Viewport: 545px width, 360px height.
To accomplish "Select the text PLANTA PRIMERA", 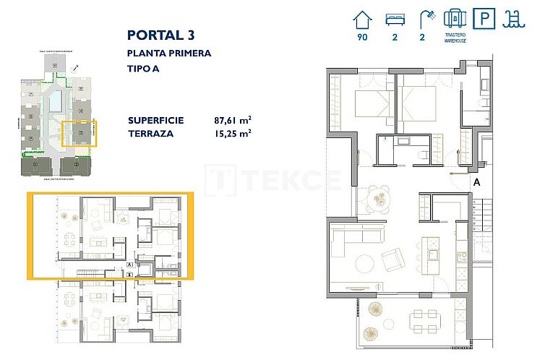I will tap(169, 53).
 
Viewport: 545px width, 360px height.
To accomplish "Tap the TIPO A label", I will tap(145, 69).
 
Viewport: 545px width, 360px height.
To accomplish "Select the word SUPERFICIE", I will tap(155, 120).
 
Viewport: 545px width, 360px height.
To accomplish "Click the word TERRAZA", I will tap(150, 133).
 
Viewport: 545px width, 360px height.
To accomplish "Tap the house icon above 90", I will tap(362, 17).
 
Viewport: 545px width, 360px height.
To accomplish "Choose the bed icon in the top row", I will tap(395, 17).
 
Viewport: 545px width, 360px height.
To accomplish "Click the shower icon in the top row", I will tap(428, 17).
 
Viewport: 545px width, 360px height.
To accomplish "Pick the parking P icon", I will tap(483, 17).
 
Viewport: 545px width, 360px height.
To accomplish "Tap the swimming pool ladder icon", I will tap(514, 17).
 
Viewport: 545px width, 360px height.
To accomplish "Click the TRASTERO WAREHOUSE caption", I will tap(455, 38).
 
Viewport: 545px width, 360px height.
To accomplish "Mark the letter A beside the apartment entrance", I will tap(477, 183).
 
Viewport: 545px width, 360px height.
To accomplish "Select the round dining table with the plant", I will tap(378, 197).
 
